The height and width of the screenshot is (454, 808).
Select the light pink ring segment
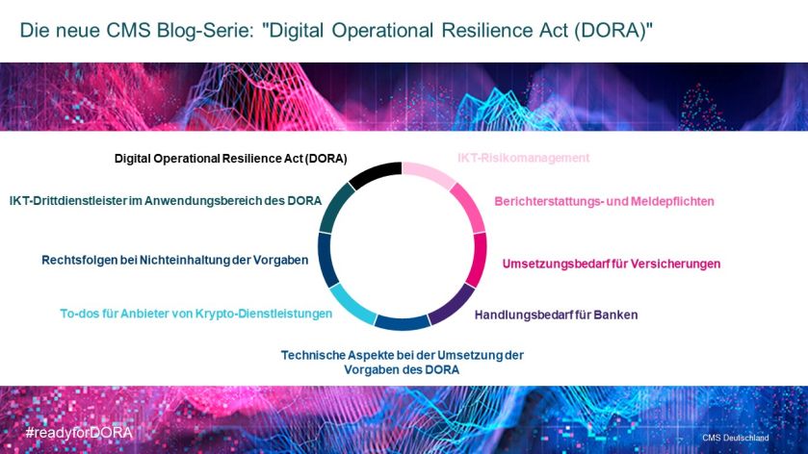click(x=429, y=173)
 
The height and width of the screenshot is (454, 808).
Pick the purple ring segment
click(x=454, y=305)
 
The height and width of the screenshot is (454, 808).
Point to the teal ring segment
click(x=334, y=208)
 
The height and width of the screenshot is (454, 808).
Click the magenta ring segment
click(x=479, y=259)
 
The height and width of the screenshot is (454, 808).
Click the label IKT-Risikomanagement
click(x=524, y=158)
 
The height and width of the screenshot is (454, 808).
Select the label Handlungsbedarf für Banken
click(x=556, y=315)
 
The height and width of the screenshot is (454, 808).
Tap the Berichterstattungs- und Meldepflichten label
click(x=604, y=201)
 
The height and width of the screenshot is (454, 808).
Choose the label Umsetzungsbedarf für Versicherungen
click(x=612, y=265)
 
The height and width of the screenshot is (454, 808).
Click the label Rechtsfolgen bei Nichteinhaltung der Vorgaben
click(x=174, y=261)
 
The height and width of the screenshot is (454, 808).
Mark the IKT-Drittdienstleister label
click(x=166, y=201)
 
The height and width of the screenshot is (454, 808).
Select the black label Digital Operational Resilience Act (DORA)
click(x=230, y=159)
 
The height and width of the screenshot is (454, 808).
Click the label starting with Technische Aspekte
click(x=402, y=363)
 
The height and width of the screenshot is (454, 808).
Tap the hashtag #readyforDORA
click(x=79, y=433)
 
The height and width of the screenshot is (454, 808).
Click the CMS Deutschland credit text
click(x=736, y=438)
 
